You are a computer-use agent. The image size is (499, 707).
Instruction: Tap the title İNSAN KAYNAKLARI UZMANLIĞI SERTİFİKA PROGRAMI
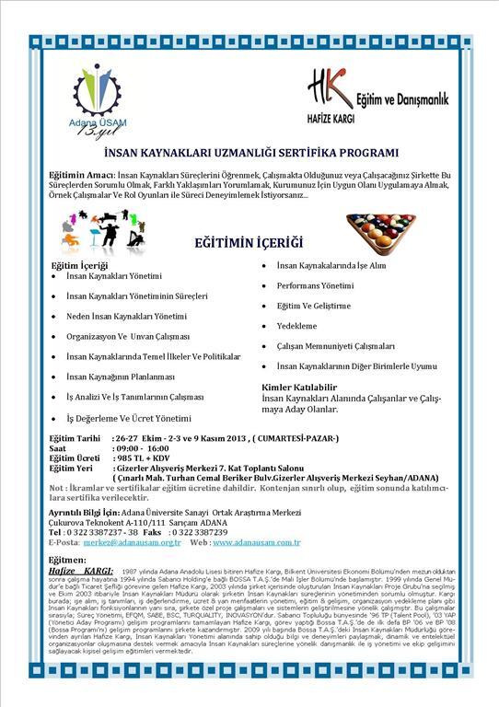point(249,153)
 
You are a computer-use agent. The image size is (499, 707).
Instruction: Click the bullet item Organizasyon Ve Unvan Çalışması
point(127,336)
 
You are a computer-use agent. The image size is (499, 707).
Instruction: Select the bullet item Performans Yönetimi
point(316,285)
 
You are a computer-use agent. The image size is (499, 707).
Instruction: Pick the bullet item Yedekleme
point(296,326)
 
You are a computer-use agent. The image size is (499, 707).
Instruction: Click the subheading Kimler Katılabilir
point(295,387)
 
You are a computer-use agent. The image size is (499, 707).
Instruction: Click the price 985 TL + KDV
point(145,457)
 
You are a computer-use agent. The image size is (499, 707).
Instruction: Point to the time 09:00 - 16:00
point(146,446)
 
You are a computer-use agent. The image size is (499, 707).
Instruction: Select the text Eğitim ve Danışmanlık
point(401,98)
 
